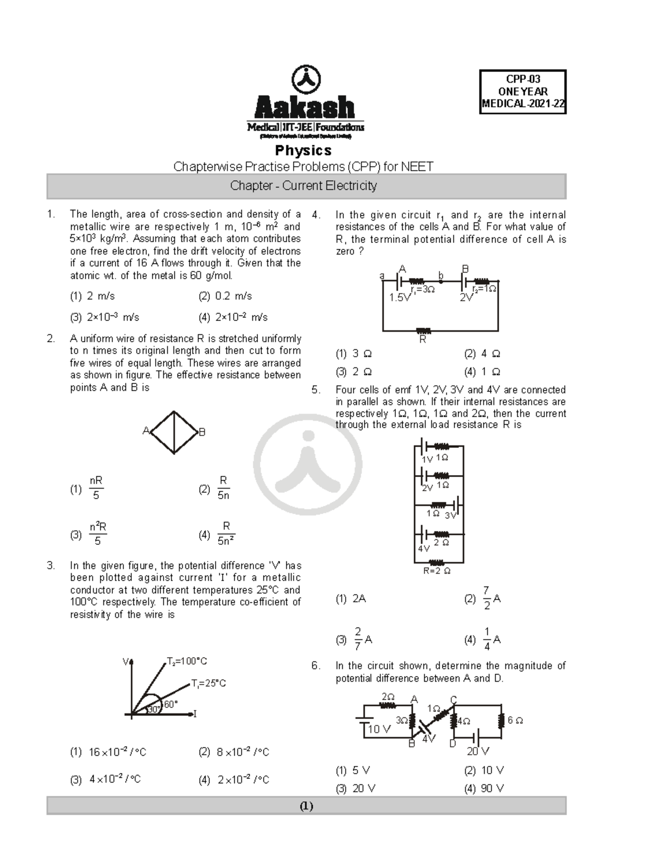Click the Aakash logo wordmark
click(x=305, y=107)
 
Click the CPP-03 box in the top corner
click(x=523, y=92)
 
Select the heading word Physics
click(x=303, y=151)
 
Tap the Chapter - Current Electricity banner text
click(x=303, y=186)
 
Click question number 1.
click(x=51, y=214)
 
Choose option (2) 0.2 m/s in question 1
click(x=225, y=296)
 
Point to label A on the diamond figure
click(x=146, y=430)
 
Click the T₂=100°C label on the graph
click(x=187, y=662)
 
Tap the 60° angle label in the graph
click(x=170, y=705)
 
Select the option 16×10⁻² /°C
click(x=117, y=753)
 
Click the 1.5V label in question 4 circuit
click(x=400, y=298)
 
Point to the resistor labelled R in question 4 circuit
click(x=423, y=331)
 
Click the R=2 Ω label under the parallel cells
click(x=437, y=571)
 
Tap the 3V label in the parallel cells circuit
click(x=450, y=516)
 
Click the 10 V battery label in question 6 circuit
click(x=379, y=729)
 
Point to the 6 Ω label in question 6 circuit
click(x=515, y=721)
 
